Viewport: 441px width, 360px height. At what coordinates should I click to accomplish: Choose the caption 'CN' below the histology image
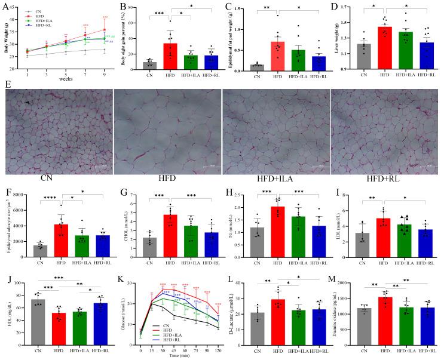pos(57,178)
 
